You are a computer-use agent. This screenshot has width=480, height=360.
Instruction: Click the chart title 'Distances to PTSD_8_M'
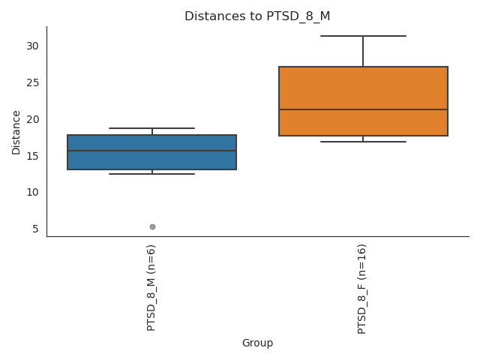click(x=257, y=16)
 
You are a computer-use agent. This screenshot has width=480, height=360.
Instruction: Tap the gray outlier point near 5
click(x=152, y=226)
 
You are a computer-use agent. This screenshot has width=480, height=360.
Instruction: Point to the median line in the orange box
click(x=363, y=109)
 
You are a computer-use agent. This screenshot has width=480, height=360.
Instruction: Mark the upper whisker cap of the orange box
click(x=363, y=36)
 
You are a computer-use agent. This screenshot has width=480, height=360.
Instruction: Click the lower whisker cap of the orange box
click(x=363, y=142)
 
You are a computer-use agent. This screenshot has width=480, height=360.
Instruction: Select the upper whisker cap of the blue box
click(x=152, y=128)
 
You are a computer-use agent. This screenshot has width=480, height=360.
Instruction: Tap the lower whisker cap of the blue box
click(x=152, y=174)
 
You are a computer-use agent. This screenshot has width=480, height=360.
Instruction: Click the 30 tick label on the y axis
click(x=32, y=46)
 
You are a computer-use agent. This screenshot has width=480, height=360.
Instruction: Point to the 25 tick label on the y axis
click(x=32, y=82)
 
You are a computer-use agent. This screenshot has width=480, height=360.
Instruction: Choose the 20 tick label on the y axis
click(x=32, y=119)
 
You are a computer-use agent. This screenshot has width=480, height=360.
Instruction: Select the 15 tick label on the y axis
click(x=32, y=156)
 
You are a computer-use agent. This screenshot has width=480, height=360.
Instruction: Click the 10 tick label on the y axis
click(x=32, y=192)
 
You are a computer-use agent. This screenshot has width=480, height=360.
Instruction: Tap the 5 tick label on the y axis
click(x=35, y=229)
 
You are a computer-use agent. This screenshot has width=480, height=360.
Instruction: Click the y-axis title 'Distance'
click(x=16, y=132)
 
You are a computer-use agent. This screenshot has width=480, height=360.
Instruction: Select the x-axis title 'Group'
click(x=257, y=343)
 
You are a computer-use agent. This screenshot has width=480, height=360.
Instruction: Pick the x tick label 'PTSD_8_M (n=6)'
click(x=151, y=287)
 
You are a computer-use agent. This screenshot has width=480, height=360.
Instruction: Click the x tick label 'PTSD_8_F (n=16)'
click(x=362, y=289)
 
